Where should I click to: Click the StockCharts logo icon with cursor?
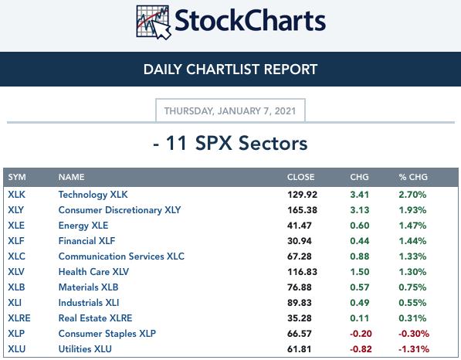coord(154,22)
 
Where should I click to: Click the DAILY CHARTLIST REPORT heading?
coord(230,70)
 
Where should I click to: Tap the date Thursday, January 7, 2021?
coord(230,111)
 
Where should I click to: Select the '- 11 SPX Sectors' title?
coord(230,143)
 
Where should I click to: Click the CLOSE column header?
coord(300,177)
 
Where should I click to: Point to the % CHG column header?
coord(413,177)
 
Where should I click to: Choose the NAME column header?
coord(72,177)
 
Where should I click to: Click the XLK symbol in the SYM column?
coord(17,195)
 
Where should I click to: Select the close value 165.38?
coord(302,210)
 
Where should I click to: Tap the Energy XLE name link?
coord(83,226)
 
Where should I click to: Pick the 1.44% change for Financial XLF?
coord(412,241)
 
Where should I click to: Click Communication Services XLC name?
coord(121,256)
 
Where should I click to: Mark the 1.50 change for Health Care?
coord(360,272)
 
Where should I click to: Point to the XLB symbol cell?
coord(16,287)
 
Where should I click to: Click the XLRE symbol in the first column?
coord(19,318)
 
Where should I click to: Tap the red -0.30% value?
coord(414,334)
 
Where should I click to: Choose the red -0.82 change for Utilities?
coord(361,349)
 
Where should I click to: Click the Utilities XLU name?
coord(85,349)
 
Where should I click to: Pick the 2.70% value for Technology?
coord(412,195)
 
